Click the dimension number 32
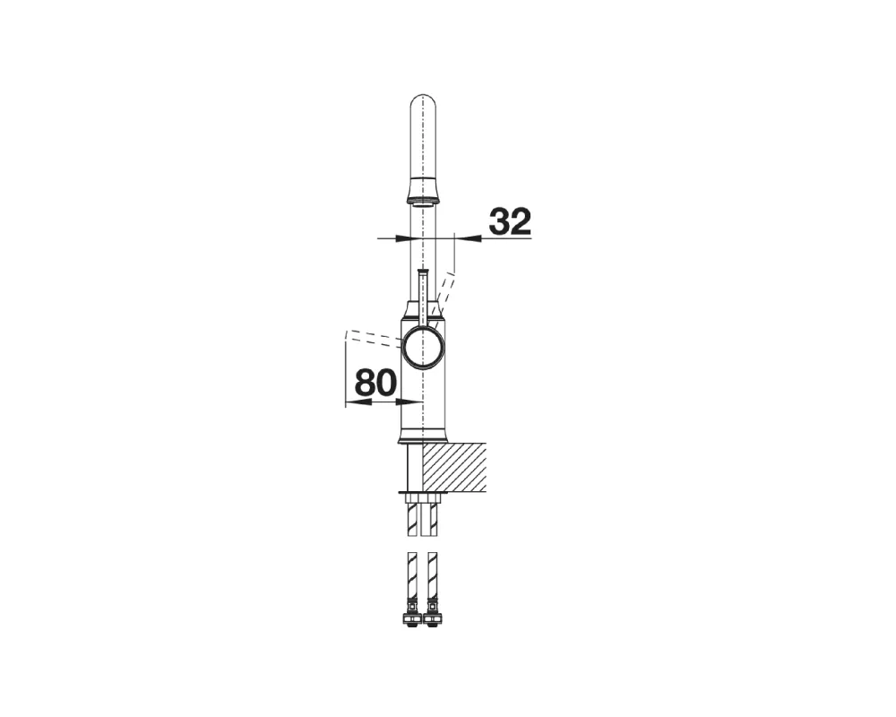[x=511, y=221]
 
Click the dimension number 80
[x=375, y=383]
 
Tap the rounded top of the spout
[x=423, y=102]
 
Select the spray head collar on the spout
[x=423, y=191]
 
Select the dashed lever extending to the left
[x=373, y=338]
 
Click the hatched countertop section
[x=454, y=467]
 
